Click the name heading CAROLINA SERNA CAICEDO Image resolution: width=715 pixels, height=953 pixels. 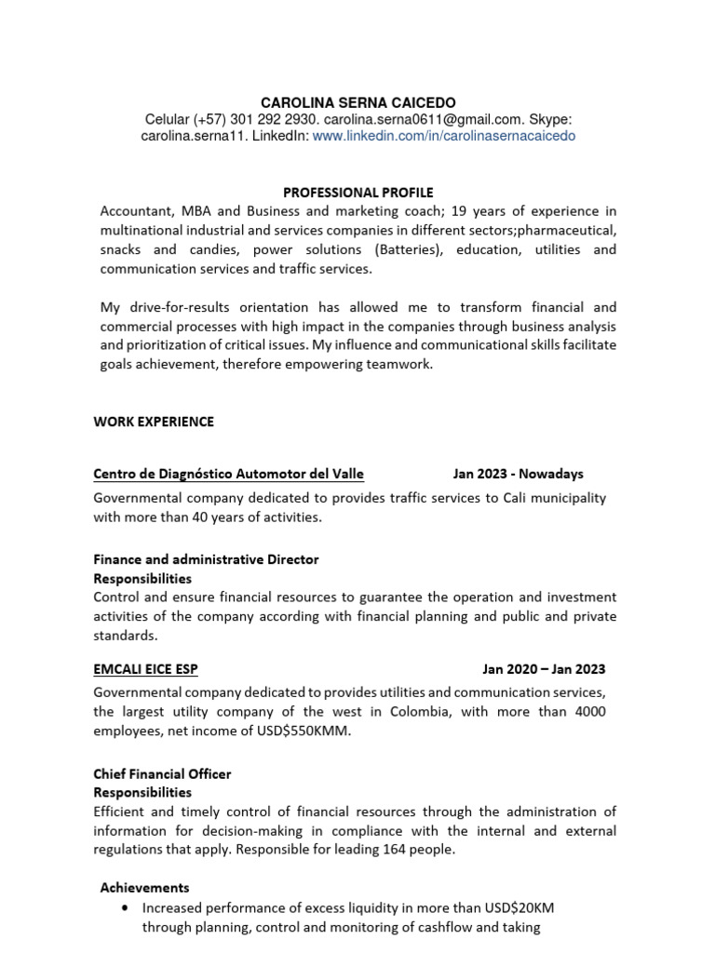(357, 101)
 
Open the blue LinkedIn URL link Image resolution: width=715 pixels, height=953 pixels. (443, 136)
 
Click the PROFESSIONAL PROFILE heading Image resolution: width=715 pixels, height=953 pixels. (357, 193)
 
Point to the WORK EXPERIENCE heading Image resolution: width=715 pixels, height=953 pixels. (154, 422)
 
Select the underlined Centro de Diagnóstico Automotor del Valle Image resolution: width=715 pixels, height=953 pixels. (228, 474)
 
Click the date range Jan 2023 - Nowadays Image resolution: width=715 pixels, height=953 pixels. (518, 474)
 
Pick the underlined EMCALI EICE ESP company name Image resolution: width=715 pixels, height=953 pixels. (145, 669)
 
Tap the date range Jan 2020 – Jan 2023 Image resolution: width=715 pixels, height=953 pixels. (544, 669)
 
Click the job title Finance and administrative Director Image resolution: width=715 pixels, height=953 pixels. (206, 559)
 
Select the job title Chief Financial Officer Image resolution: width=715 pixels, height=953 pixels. (162, 773)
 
